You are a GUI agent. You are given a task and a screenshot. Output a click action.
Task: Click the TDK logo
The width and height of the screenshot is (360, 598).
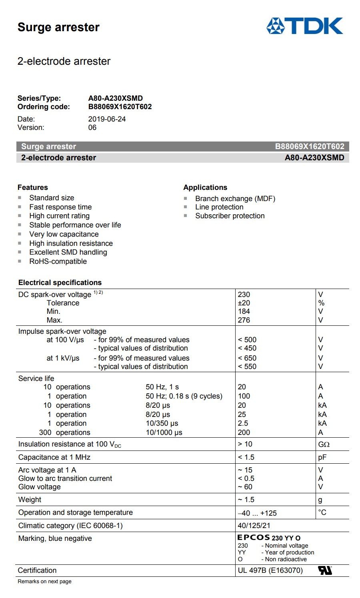[x=304, y=26]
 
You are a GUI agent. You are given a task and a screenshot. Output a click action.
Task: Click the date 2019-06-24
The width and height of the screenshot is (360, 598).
[x=107, y=119]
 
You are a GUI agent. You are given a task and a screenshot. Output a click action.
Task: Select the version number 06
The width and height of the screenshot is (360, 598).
[x=92, y=128]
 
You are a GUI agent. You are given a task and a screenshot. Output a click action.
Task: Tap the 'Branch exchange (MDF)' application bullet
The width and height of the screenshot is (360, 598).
[x=235, y=199]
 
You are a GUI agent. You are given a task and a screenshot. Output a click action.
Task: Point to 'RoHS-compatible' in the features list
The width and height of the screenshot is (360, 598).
[x=58, y=261]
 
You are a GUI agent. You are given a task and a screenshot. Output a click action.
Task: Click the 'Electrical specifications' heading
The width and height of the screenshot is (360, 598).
[x=60, y=283]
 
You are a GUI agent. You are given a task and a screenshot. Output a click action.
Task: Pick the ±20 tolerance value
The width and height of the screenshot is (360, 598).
[x=244, y=303]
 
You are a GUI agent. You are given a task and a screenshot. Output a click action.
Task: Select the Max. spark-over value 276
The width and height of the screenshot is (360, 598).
[x=244, y=320]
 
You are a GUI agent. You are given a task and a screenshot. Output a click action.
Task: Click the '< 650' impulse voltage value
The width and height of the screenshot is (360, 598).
[x=247, y=358]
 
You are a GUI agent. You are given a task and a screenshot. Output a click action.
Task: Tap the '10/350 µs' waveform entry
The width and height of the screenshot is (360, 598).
[x=162, y=423]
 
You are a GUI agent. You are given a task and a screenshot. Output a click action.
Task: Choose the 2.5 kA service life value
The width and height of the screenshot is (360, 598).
[x=243, y=423]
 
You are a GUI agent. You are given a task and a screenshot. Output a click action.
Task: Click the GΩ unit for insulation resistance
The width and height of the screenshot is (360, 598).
[x=324, y=444]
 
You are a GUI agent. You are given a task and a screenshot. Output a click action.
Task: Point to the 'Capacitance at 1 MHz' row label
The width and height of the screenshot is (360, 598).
[x=54, y=457]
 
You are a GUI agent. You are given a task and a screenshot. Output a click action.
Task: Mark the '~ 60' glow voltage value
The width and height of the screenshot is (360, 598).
[x=245, y=487]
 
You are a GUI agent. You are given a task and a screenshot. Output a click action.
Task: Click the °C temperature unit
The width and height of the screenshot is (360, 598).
[x=322, y=512]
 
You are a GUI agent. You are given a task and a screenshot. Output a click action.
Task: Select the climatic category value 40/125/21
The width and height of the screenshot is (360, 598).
[x=254, y=526]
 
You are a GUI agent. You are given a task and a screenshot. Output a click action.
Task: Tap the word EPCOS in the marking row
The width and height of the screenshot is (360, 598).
[x=254, y=538]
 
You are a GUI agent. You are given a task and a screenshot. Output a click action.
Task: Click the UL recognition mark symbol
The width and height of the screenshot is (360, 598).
[x=325, y=570]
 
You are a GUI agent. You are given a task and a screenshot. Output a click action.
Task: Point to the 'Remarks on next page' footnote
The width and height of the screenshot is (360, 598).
[x=44, y=582]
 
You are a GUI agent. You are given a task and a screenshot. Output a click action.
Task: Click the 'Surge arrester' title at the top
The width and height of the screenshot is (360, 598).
[x=58, y=27]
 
